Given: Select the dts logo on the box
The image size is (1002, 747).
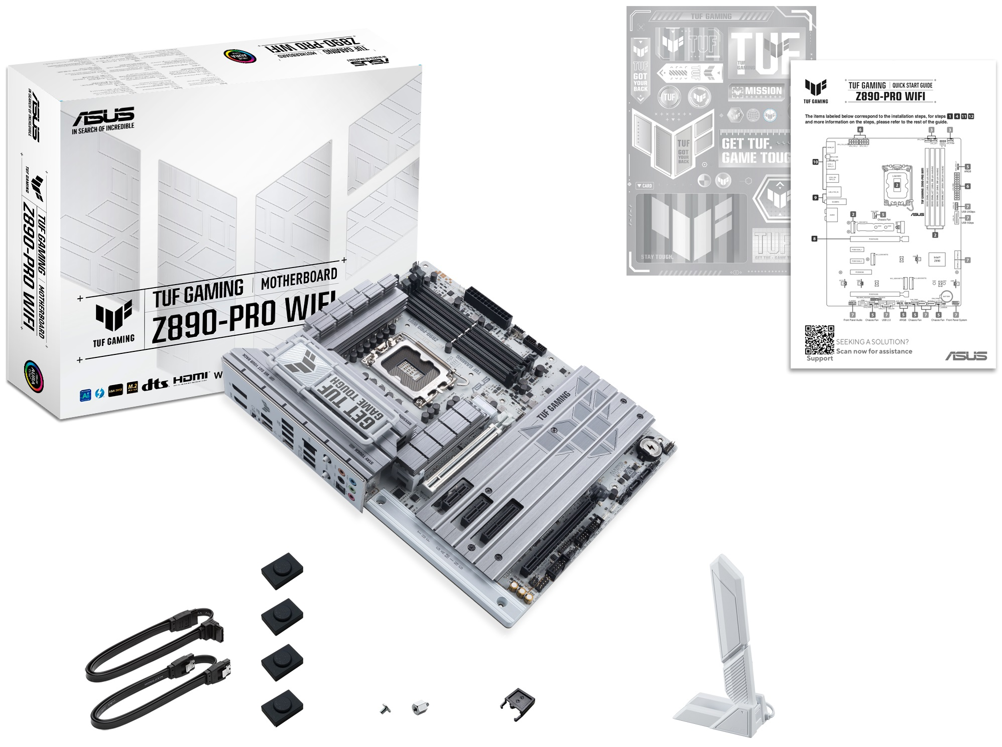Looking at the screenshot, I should pyautogui.click(x=154, y=385).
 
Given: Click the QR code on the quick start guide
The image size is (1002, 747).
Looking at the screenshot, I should pyautogui.click(x=819, y=340).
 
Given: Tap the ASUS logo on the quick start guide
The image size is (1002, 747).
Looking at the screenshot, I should pyautogui.click(x=966, y=355).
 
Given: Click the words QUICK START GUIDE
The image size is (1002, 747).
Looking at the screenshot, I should pyautogui.click(x=912, y=85).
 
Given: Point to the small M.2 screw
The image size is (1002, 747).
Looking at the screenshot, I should pyautogui.click(x=385, y=709).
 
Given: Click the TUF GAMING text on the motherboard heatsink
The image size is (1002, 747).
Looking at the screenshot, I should pyautogui.click(x=553, y=406).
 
